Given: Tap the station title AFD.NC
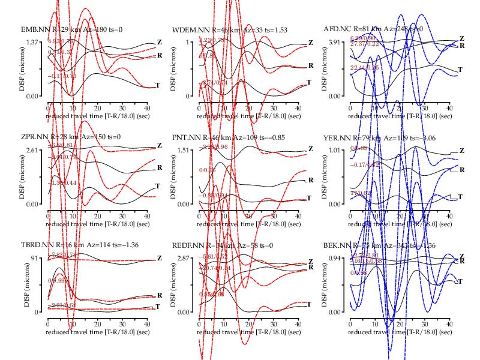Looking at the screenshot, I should (x=337, y=29).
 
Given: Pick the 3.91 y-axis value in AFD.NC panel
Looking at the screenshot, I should (x=333, y=42).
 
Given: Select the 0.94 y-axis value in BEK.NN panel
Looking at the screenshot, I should (x=333, y=258).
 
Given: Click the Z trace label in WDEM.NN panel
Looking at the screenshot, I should (x=310, y=43).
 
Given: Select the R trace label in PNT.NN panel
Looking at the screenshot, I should (x=310, y=180).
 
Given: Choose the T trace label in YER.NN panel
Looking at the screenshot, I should (x=461, y=197).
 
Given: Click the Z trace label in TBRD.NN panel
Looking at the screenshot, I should (x=159, y=259).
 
